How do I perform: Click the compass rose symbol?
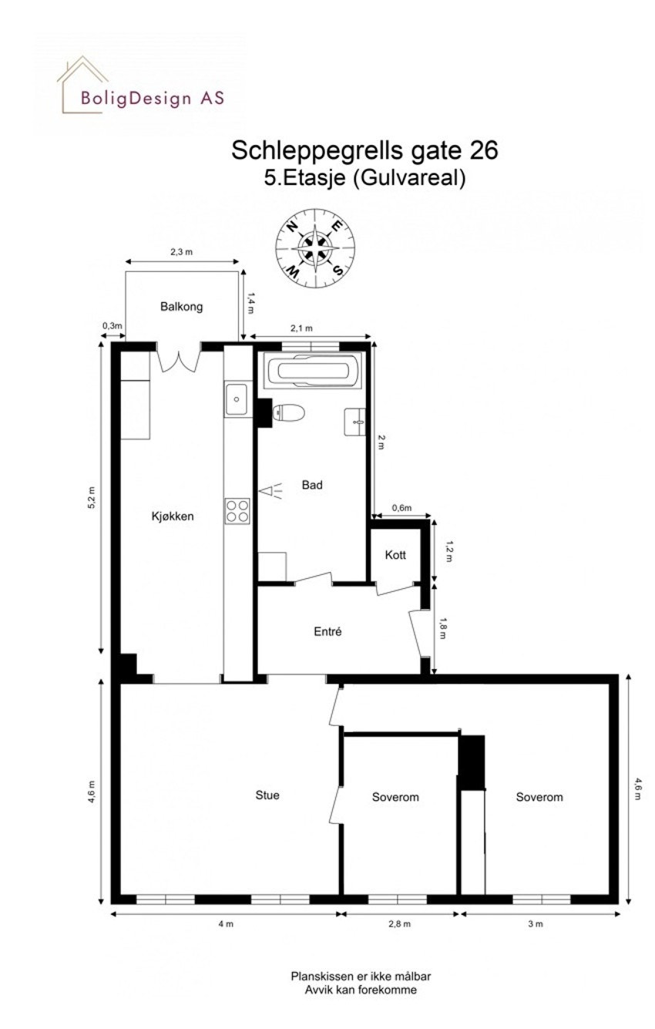(315, 247)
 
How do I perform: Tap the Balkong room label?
(181, 307)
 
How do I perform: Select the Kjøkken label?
(172, 516)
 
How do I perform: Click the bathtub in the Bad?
(314, 371)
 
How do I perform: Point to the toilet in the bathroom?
(289, 413)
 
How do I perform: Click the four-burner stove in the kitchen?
(237, 509)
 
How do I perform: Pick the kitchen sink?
(236, 400)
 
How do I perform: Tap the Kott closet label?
(395, 555)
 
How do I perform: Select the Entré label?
(327, 632)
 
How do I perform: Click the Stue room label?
(267, 795)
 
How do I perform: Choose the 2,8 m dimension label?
(400, 924)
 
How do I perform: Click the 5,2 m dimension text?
(91, 499)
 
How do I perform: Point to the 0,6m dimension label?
(401, 508)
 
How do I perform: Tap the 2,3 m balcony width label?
(182, 252)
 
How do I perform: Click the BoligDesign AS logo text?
(153, 98)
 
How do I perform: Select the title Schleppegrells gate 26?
(364, 150)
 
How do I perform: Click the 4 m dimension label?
(225, 924)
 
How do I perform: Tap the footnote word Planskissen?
(316, 976)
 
